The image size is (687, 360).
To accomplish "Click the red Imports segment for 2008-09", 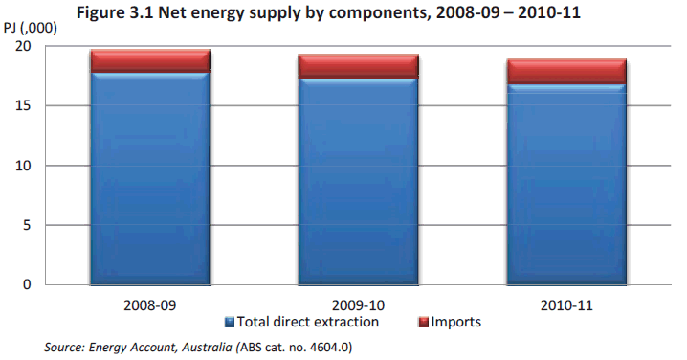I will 150,61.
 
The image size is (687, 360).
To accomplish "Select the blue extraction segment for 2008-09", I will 150,178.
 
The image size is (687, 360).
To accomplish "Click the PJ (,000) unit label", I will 30,27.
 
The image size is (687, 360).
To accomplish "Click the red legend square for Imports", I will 425,323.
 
